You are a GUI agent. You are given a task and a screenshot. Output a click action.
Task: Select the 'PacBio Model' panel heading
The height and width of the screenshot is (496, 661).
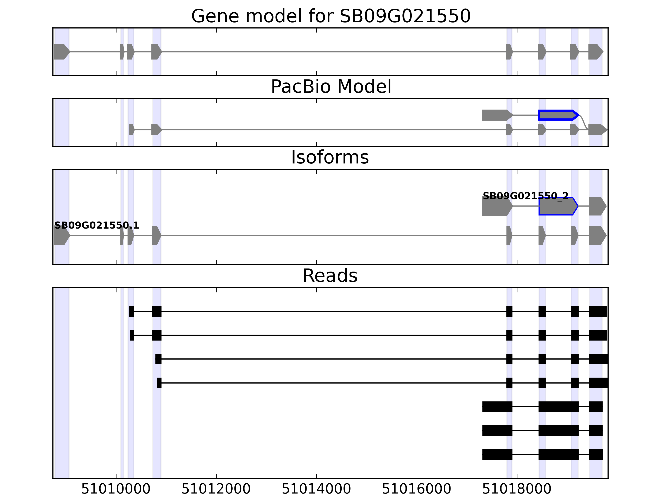click(331, 87)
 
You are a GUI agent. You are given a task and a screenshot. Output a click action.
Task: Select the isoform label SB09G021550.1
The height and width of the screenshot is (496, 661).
click(96, 225)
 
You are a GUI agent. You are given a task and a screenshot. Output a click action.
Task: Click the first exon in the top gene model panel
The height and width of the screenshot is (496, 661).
click(61, 52)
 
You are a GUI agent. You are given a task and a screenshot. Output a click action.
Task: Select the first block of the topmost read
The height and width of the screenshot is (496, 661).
click(132, 311)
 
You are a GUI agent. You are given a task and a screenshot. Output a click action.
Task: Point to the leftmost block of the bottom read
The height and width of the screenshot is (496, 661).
click(497, 454)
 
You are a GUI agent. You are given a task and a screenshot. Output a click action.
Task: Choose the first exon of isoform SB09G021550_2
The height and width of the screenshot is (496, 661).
click(497, 206)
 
